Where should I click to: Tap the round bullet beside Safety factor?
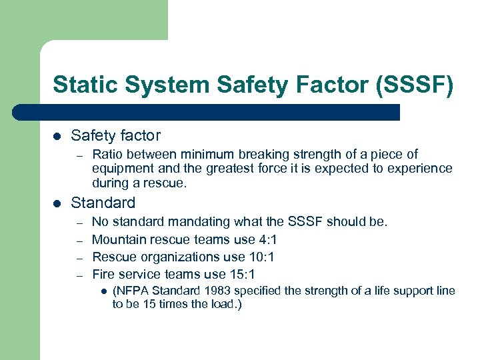point(57,136)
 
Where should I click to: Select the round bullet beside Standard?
point(57,203)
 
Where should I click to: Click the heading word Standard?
point(103,203)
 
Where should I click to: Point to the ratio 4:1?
point(265,239)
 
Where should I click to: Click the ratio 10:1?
point(261,257)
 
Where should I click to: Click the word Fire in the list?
point(103,274)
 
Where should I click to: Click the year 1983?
point(220,291)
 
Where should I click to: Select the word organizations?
point(174,257)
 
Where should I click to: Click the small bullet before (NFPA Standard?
point(103,291)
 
